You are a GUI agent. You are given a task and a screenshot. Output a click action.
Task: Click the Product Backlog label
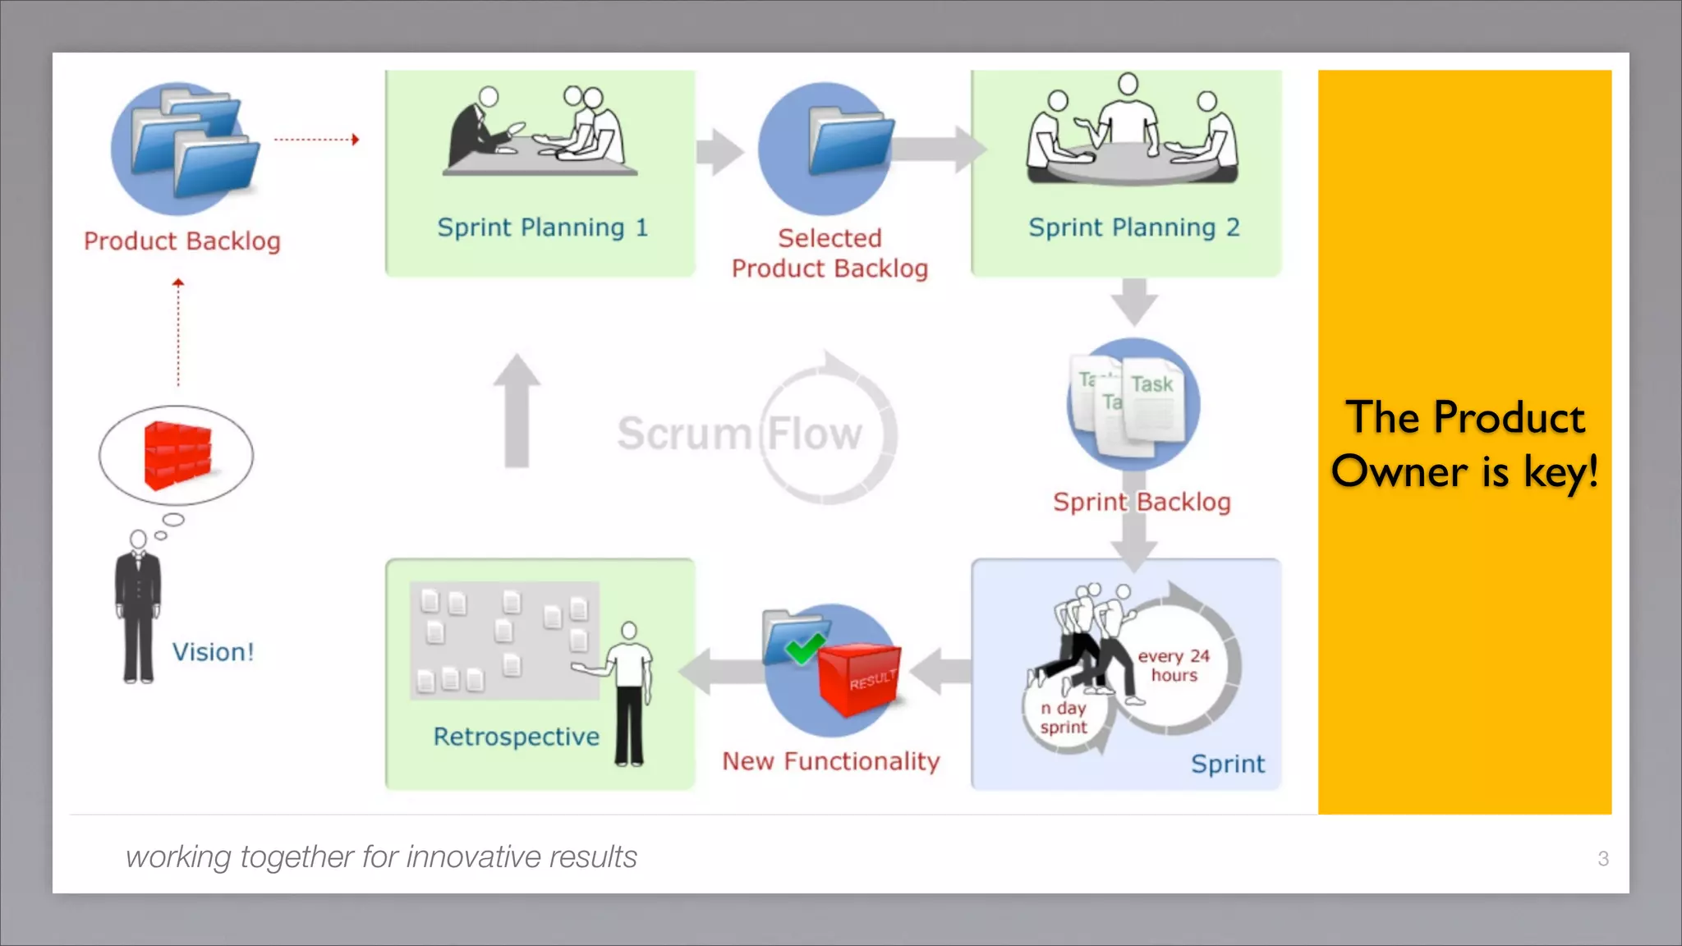point(182,241)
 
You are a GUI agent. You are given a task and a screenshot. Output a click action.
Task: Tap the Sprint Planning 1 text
point(542,227)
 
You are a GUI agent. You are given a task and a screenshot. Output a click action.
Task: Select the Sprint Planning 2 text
point(1133,227)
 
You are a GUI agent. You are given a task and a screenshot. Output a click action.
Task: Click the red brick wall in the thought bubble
point(177,456)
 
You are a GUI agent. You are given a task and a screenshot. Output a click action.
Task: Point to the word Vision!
point(213,652)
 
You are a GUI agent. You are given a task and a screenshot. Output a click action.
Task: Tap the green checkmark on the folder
point(804,649)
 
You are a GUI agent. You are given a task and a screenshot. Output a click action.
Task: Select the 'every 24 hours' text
point(1174,665)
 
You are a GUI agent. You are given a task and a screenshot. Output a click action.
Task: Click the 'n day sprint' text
point(1064,717)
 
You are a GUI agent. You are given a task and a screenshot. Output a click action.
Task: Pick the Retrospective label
point(516,737)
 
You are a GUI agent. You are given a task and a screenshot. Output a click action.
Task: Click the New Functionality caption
point(830,761)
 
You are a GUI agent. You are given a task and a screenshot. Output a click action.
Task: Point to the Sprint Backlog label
point(1142,502)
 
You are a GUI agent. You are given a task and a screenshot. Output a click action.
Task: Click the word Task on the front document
point(1151,384)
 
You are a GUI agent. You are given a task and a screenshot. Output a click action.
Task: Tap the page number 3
point(1602,859)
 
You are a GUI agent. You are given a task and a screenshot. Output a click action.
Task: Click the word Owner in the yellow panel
point(1399,472)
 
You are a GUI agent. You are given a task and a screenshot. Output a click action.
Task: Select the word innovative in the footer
point(473,857)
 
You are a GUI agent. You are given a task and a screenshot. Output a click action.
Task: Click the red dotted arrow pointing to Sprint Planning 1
point(316,140)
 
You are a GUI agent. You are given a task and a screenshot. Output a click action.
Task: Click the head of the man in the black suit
point(138,539)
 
